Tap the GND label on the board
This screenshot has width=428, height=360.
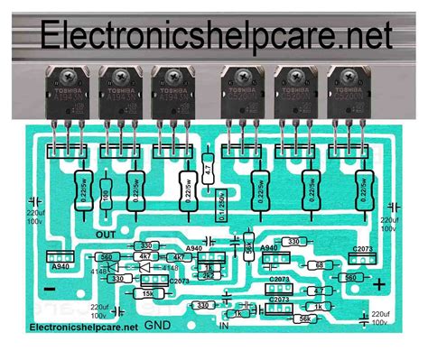(159, 324)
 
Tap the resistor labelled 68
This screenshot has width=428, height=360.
(319, 264)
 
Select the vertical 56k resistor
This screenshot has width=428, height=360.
(246, 249)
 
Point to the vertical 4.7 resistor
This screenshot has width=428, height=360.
(209, 169)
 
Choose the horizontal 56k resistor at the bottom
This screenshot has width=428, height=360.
(303, 318)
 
